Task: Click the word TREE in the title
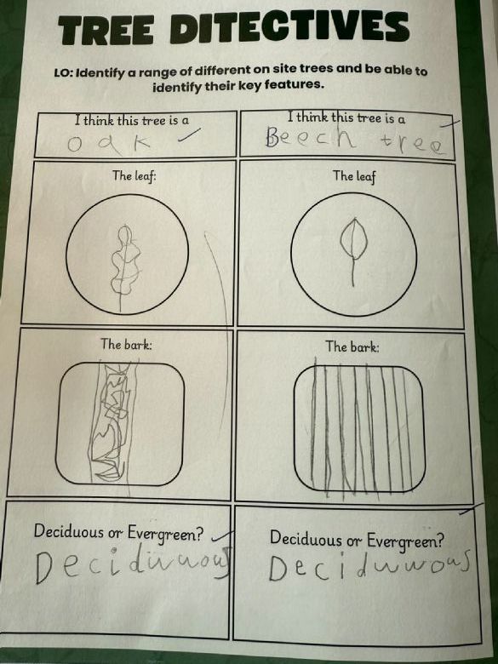click(106, 31)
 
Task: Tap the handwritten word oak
click(109, 145)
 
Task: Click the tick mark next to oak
click(188, 135)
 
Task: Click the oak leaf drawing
click(123, 266)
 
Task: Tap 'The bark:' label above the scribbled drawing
click(126, 344)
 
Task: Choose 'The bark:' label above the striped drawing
click(352, 347)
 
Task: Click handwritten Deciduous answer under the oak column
click(133, 564)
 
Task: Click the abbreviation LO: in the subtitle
click(65, 73)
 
